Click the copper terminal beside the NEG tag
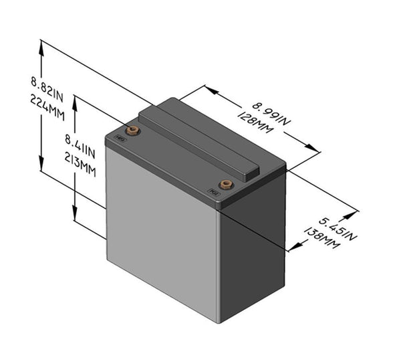coord(132,130)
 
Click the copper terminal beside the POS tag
coord(226,184)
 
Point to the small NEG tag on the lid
coord(120,139)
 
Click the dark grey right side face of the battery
coord(253,248)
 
